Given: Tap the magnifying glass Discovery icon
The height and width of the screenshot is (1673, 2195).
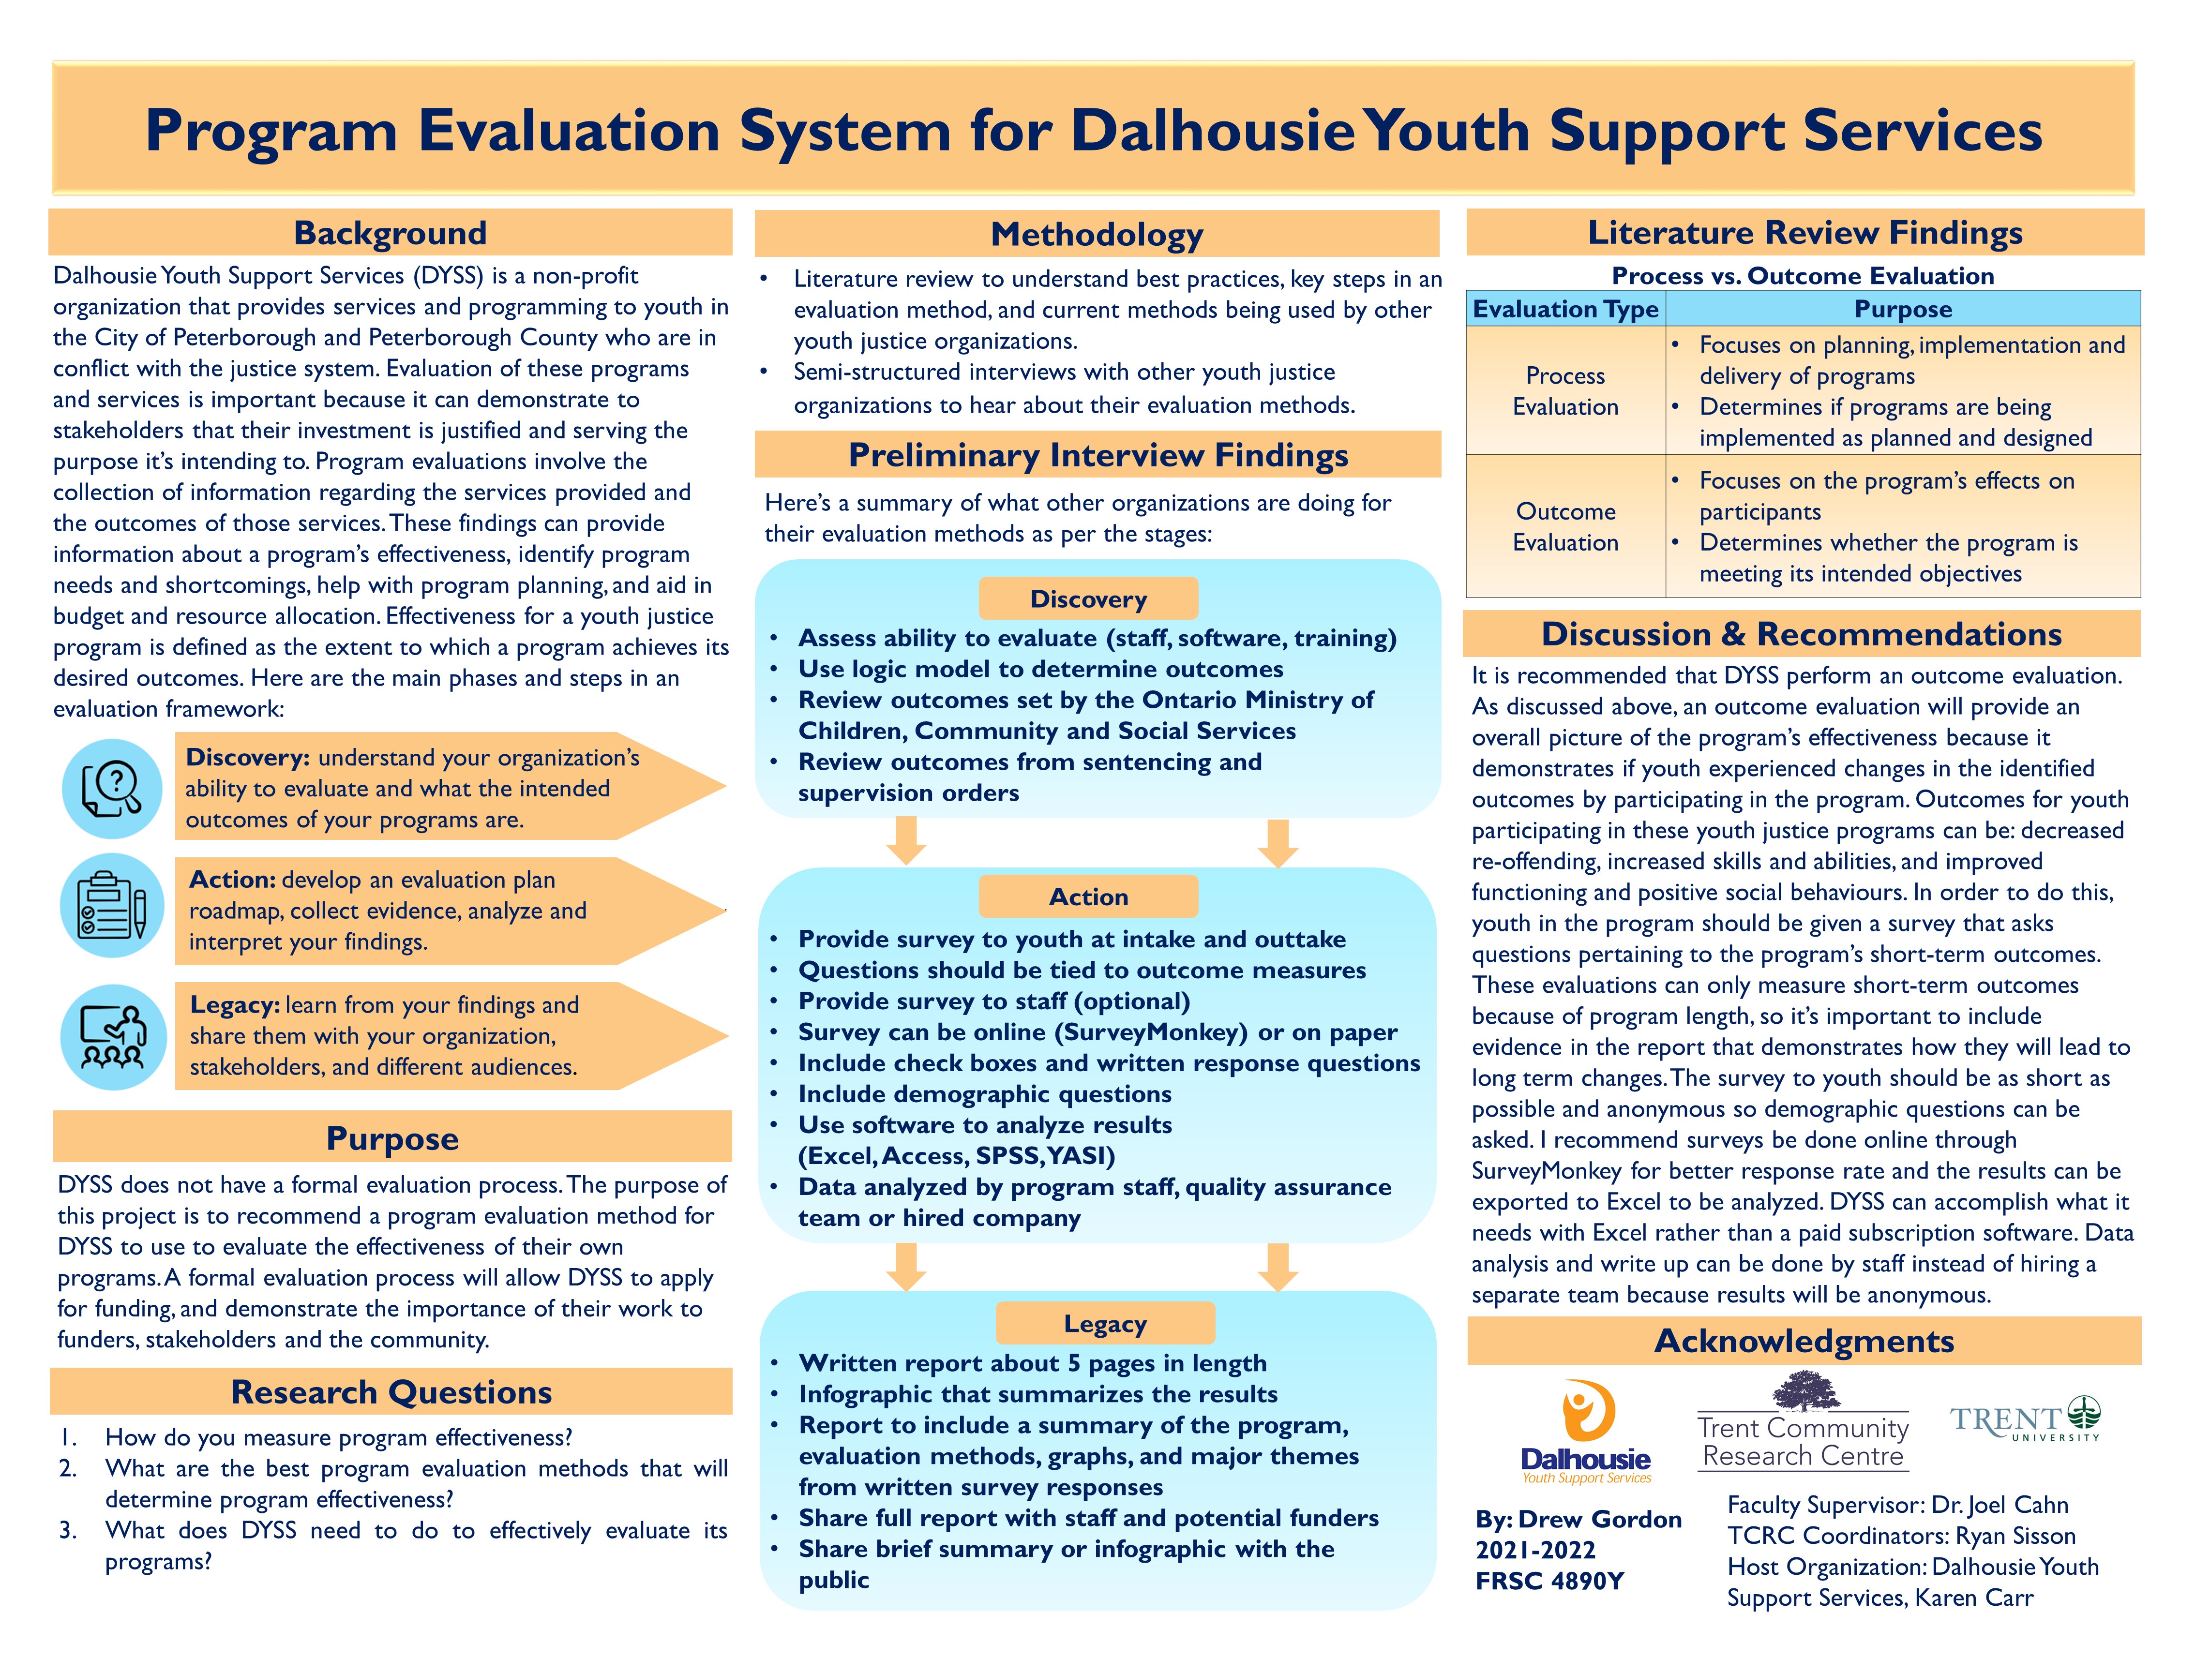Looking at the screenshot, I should point(113,789).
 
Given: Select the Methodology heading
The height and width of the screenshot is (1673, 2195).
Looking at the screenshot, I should point(1097,235).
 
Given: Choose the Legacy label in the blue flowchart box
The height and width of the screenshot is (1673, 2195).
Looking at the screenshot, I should point(1104,1324).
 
